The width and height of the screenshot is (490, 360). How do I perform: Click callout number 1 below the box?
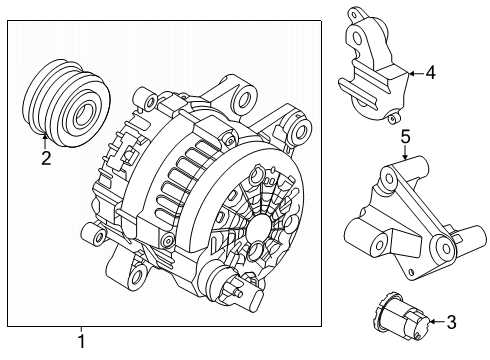tap(82, 342)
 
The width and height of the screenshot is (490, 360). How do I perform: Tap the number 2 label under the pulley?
tap(45, 157)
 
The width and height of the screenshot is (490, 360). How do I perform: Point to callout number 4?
tap(430, 73)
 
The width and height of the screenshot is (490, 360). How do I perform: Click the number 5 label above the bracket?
tap(405, 136)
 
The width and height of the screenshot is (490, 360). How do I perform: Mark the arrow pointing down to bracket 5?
tap(405, 152)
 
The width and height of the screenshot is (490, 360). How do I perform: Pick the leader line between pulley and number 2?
tap(45, 139)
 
